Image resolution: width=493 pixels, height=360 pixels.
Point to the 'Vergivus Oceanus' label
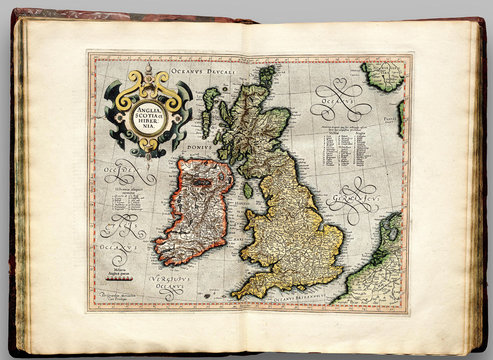171,279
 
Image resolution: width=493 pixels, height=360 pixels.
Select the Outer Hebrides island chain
208,110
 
